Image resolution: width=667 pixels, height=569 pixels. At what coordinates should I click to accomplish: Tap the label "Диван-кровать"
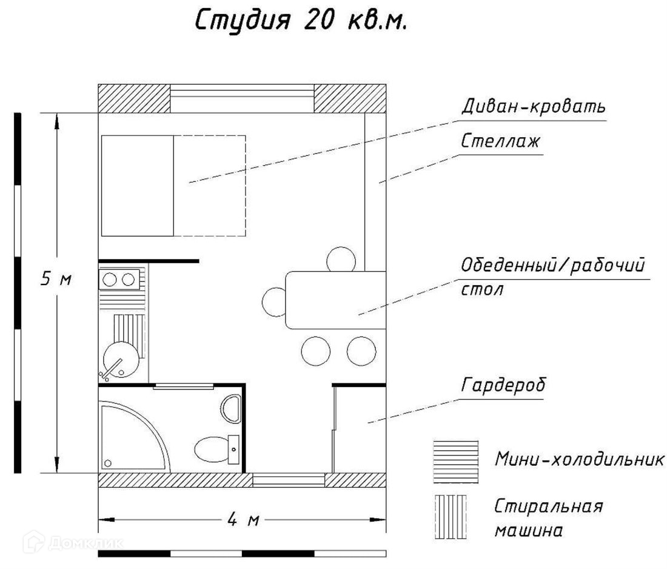point(532,107)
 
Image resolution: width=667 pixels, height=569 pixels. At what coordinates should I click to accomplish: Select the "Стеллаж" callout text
point(500,142)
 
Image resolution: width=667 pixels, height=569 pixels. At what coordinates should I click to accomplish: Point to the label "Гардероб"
point(503,385)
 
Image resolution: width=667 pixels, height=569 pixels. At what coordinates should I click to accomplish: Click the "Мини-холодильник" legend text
point(579,459)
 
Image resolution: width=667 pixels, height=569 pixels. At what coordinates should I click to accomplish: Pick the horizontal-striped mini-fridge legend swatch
point(455,462)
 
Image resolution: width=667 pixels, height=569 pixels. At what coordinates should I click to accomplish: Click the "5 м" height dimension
point(56,279)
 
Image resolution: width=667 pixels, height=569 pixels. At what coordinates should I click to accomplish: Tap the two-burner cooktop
point(119,279)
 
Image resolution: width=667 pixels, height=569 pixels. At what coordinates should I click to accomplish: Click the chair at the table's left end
point(274,301)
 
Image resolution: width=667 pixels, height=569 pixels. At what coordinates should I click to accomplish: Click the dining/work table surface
point(337,300)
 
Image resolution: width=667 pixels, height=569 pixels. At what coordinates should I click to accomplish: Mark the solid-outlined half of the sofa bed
point(138,186)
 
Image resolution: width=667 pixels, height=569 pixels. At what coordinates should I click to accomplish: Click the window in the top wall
point(241,98)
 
